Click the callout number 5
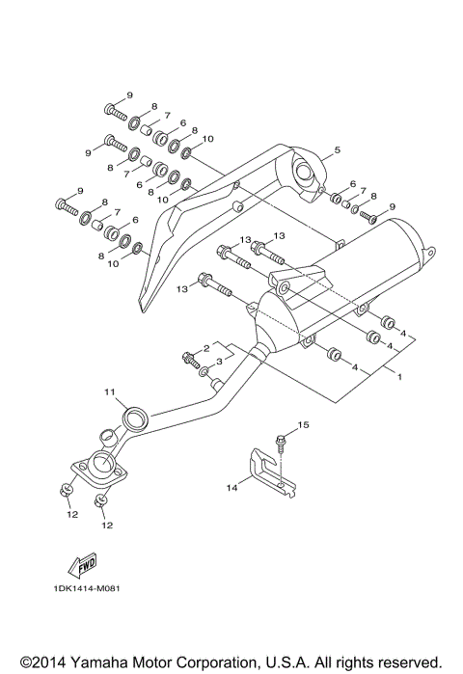click(x=338, y=151)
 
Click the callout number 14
click(x=231, y=489)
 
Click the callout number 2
click(x=205, y=346)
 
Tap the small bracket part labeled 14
click(x=265, y=473)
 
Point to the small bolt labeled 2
click(x=190, y=360)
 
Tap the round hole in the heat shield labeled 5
click(x=305, y=175)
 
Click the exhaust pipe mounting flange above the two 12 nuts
click(x=97, y=470)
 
